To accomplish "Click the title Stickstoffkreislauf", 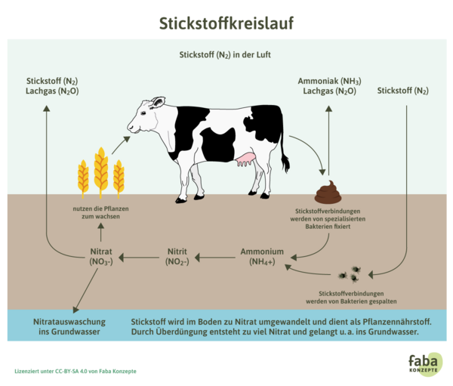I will tap(226, 23).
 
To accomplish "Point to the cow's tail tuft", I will tap(285, 162).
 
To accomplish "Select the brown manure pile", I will tap(328, 193).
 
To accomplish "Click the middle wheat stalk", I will tap(100, 170).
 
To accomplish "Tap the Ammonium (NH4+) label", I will tap(262, 257).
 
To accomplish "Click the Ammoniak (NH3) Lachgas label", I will tap(329, 85).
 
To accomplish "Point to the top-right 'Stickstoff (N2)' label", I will tap(402, 91).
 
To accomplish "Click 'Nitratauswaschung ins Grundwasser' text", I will tap(69, 326).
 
